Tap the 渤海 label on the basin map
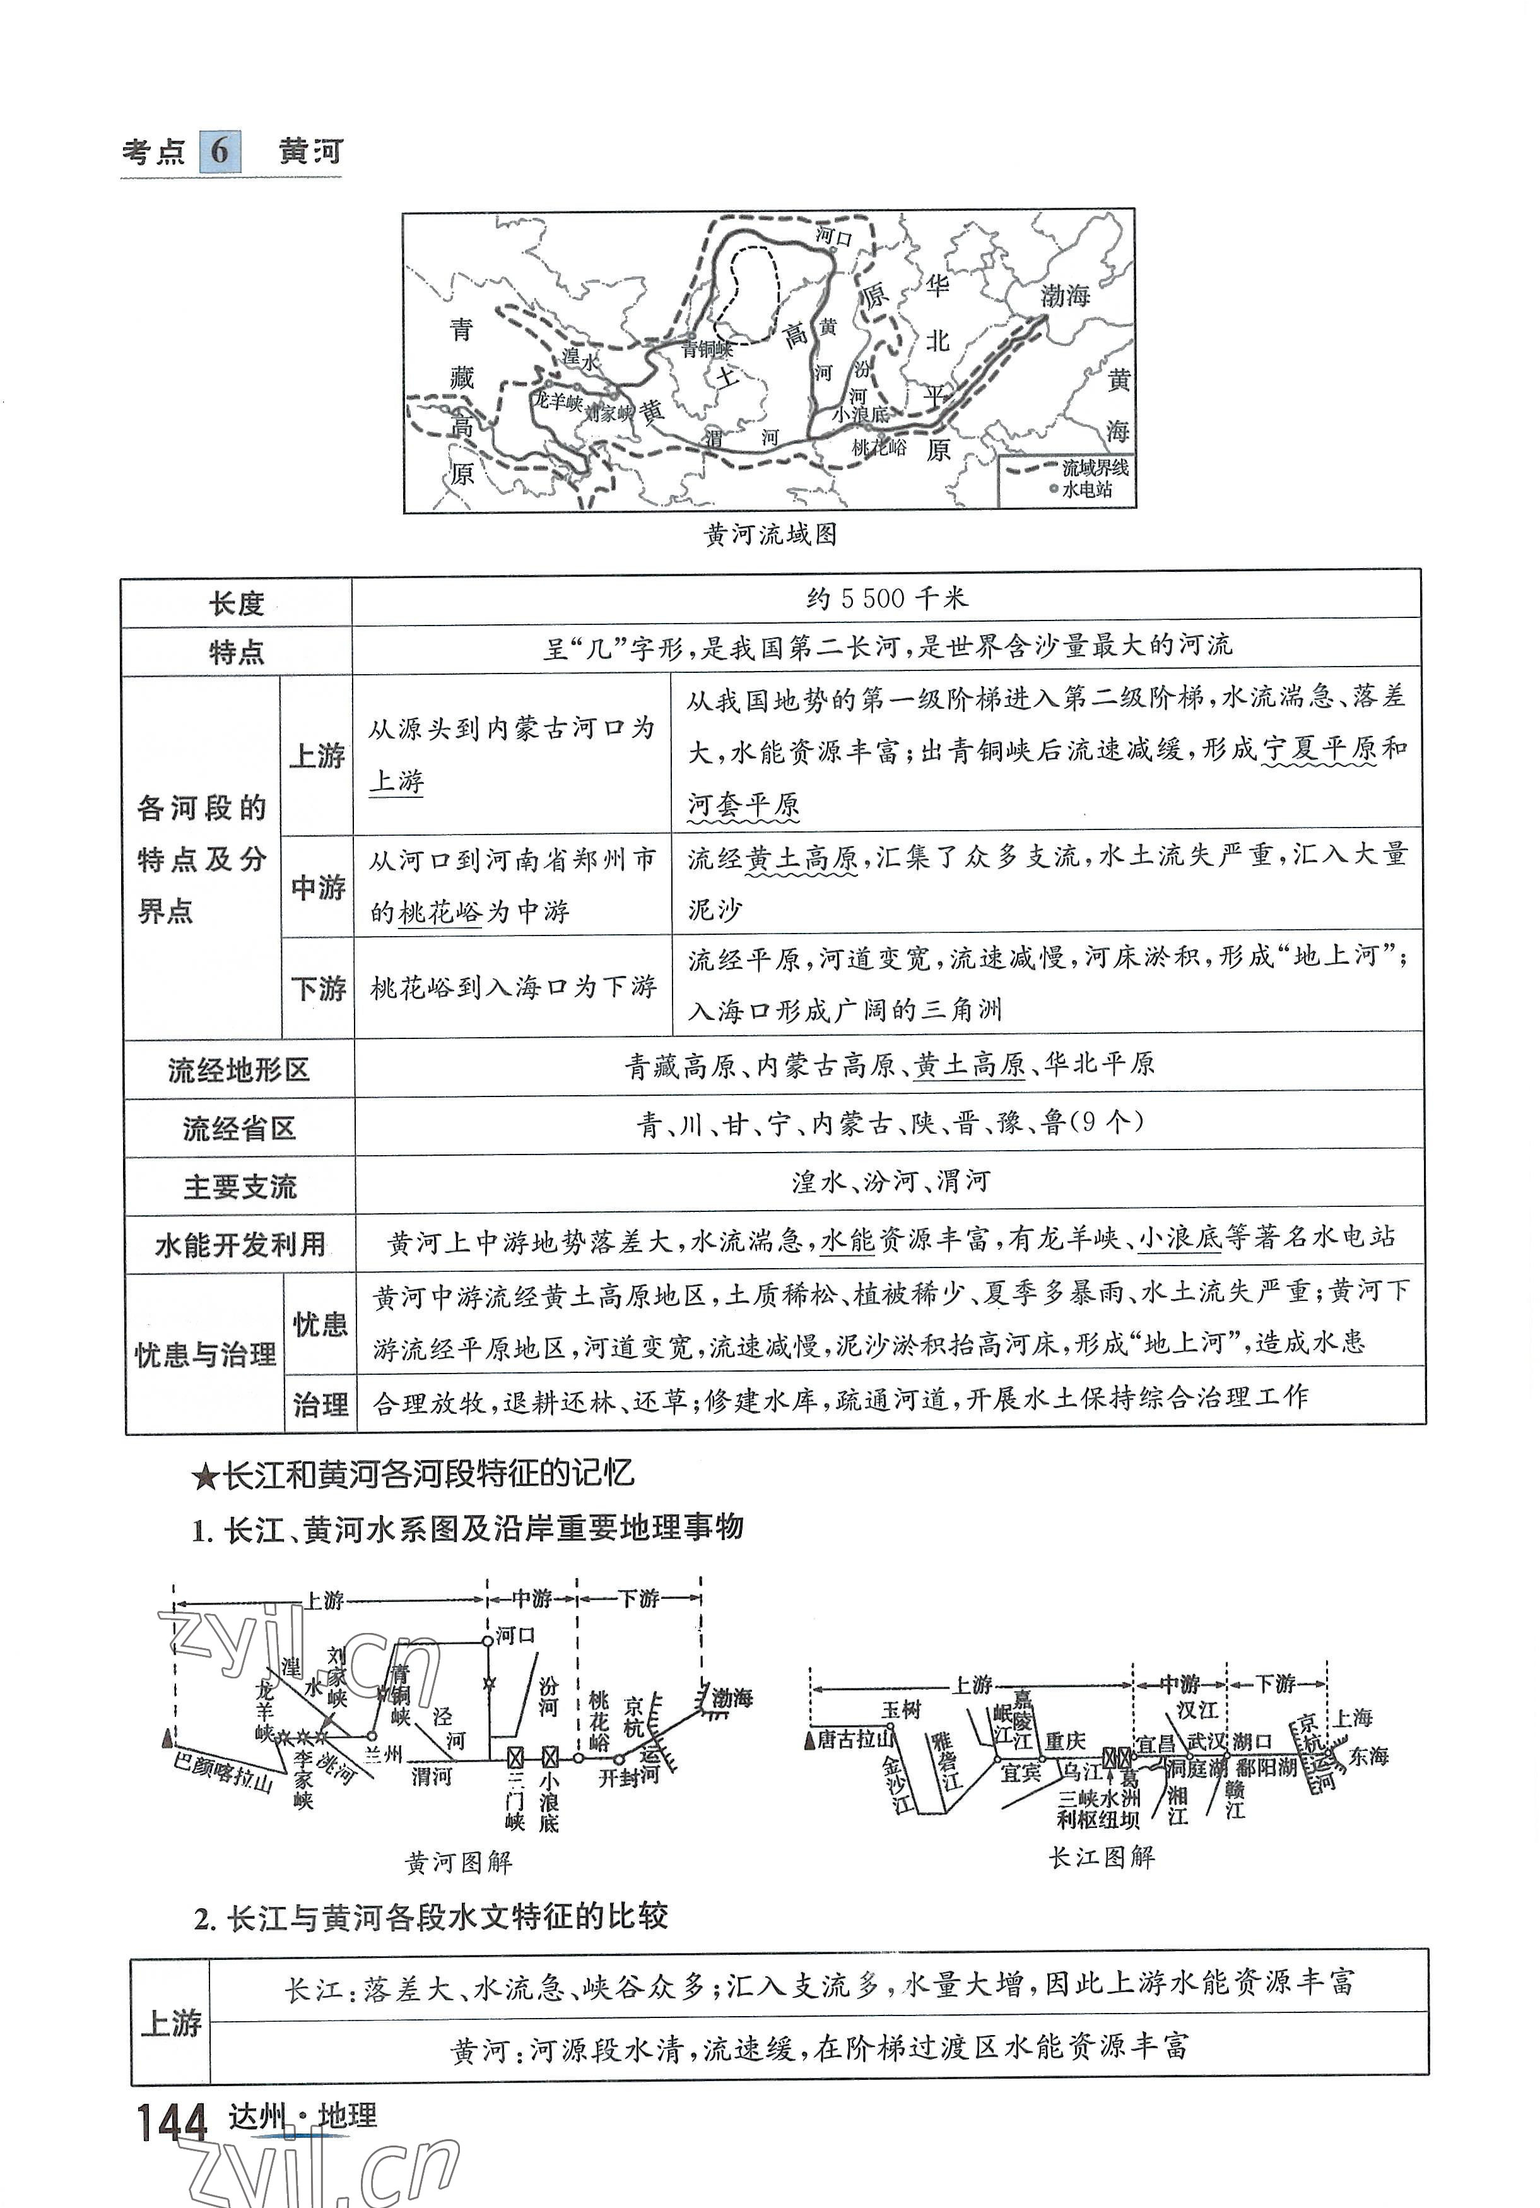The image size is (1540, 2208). pyautogui.click(x=1064, y=295)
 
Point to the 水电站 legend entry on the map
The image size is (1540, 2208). pyautogui.click(x=1087, y=489)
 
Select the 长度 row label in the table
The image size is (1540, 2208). pyautogui.click(x=237, y=604)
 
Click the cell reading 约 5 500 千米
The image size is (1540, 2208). pyautogui.click(x=886, y=599)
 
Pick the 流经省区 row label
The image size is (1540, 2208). pyautogui.click(x=239, y=1128)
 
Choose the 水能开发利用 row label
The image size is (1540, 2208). pyautogui.click(x=240, y=1244)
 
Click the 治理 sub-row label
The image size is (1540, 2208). pyautogui.click(x=320, y=1405)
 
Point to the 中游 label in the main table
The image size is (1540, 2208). pyautogui.click(x=318, y=887)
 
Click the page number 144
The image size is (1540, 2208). pyautogui.click(x=172, y=2122)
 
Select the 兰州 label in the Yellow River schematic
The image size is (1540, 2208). pyautogui.click(x=384, y=1754)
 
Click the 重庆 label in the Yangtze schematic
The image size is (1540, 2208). pyautogui.click(x=1065, y=1741)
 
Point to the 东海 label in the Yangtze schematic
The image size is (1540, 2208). pyautogui.click(x=1368, y=1756)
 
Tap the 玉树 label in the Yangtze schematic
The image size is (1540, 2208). pyautogui.click(x=901, y=1709)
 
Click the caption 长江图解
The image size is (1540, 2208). pyautogui.click(x=1101, y=1857)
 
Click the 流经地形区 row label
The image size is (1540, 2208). pyautogui.click(x=238, y=1069)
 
